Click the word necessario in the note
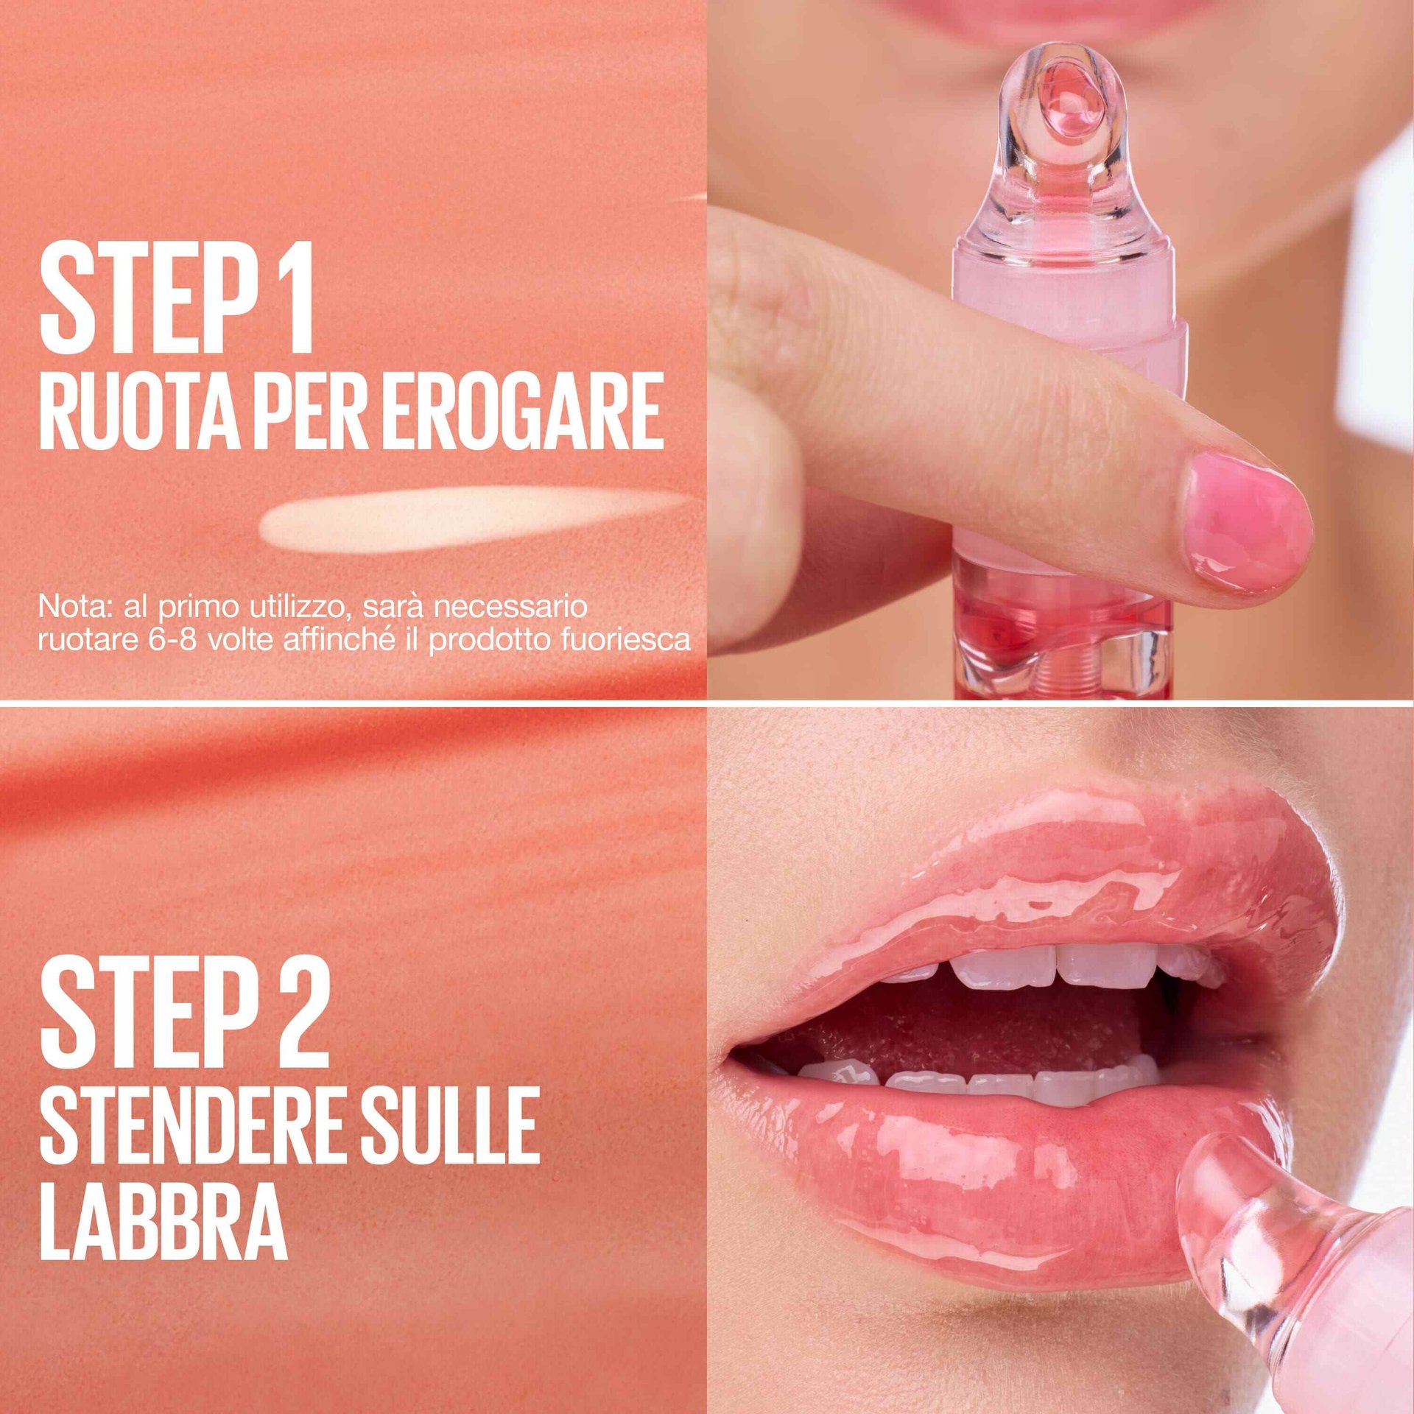[510, 608]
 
